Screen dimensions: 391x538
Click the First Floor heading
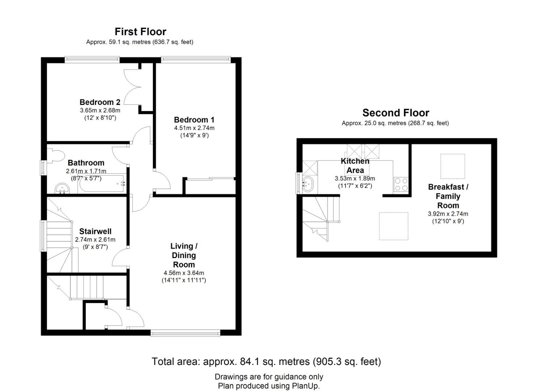click(140, 32)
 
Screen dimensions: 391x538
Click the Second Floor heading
click(396, 113)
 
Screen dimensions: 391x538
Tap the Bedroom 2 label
click(100, 102)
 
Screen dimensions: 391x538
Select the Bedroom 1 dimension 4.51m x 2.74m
click(194, 128)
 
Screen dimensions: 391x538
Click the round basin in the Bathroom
click(62, 189)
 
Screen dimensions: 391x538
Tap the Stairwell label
click(95, 231)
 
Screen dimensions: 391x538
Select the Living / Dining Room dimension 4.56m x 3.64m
click(184, 273)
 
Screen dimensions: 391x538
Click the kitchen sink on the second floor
click(308, 184)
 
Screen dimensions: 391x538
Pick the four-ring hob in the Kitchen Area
click(401, 184)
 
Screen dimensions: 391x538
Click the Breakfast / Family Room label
click(448, 196)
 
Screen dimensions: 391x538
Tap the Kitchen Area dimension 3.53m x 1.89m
click(355, 178)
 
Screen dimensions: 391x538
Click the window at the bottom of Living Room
click(185, 333)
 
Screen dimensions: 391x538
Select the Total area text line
click(266, 362)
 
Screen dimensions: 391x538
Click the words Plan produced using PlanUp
click(269, 386)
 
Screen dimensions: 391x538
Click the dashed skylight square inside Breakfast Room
click(452, 166)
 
